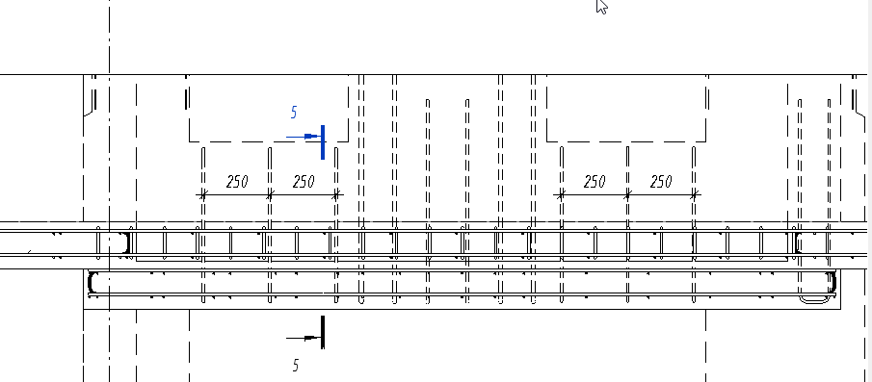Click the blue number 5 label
pyautogui.click(x=294, y=113)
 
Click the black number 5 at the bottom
pyautogui.click(x=295, y=365)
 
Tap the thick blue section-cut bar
pyautogui.click(x=323, y=142)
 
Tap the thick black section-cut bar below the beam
pyautogui.click(x=323, y=333)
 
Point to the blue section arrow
pyautogui.click(x=304, y=136)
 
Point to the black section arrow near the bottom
pyautogui.click(x=304, y=338)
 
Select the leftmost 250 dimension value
pyautogui.click(x=237, y=182)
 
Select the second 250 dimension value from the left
pyautogui.click(x=304, y=182)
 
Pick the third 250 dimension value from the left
pyautogui.click(x=595, y=182)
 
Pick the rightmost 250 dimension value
pyautogui.click(x=661, y=182)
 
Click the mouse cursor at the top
pyautogui.click(x=601, y=6)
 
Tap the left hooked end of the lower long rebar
pyautogui.click(x=91, y=283)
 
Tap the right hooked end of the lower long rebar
pyautogui.click(x=833, y=283)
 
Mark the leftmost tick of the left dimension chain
pyautogui.click(x=203, y=195)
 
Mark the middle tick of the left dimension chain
pyautogui.click(x=270, y=195)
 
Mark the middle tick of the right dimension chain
pyautogui.click(x=627, y=195)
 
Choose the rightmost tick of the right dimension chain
pyautogui.click(x=694, y=195)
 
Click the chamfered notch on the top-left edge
pyautogui.click(x=89, y=110)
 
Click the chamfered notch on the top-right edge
pyautogui.click(x=859, y=111)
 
